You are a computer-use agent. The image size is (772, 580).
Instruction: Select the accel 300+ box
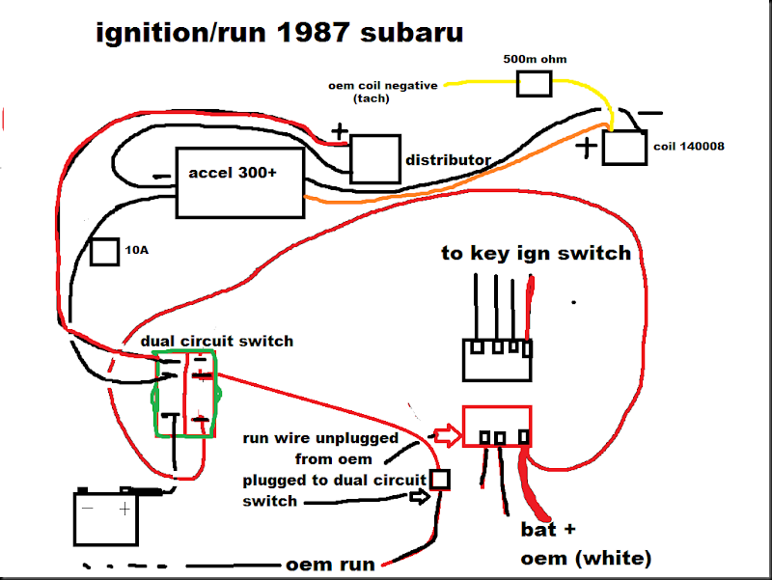click(240, 181)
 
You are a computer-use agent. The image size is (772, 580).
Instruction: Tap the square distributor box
click(374, 158)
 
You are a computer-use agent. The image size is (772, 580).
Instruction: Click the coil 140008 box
click(625, 148)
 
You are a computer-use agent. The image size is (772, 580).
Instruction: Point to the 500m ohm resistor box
click(535, 83)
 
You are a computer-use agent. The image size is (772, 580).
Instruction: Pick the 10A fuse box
click(104, 252)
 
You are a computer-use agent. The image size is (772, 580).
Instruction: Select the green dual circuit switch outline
click(187, 394)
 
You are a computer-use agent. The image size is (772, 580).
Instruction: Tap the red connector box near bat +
click(498, 426)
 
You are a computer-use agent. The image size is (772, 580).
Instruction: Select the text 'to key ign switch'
click(536, 253)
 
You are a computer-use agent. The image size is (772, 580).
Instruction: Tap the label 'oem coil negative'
click(382, 86)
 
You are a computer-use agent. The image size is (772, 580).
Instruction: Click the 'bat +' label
click(549, 530)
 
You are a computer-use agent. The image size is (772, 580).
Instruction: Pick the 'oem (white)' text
click(586, 559)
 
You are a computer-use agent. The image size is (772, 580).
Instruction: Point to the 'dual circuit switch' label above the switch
click(217, 341)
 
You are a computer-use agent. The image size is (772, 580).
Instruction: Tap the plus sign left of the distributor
click(339, 131)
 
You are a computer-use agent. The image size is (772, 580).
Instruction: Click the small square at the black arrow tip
click(440, 479)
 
